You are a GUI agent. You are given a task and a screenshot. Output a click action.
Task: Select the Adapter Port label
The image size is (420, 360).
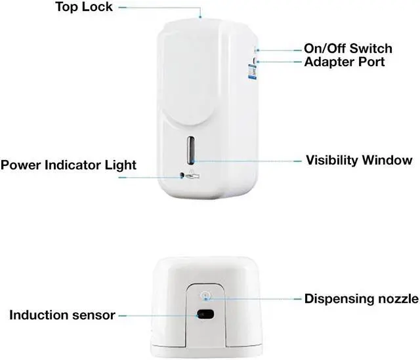coord(344,62)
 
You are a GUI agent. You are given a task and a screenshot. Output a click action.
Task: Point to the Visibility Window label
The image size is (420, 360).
coord(359,160)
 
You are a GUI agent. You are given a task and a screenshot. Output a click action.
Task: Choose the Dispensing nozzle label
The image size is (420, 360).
coord(361,299)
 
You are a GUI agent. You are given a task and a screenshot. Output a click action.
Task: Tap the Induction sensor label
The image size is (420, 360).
coord(62,315)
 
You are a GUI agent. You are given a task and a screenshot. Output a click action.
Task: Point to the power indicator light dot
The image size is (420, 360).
coord(182,176)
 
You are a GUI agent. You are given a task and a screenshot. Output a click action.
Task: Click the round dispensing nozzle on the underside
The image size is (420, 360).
coord(205,296)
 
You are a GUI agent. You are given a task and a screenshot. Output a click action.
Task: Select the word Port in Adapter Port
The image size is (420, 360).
coord(370,62)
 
